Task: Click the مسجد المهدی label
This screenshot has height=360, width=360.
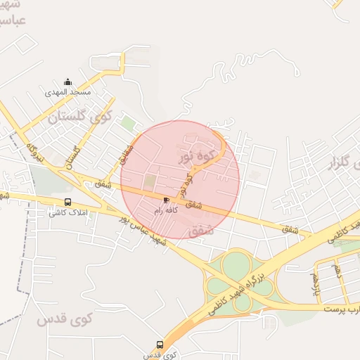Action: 67,92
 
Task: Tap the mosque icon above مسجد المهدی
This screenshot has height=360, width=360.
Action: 67,82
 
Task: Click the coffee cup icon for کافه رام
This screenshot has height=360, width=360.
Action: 166,200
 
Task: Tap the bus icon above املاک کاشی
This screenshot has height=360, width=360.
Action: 67,202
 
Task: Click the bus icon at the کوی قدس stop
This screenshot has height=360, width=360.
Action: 160,345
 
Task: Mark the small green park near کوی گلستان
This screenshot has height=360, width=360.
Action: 128,123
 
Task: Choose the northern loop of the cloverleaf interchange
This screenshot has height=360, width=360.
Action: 236,264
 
